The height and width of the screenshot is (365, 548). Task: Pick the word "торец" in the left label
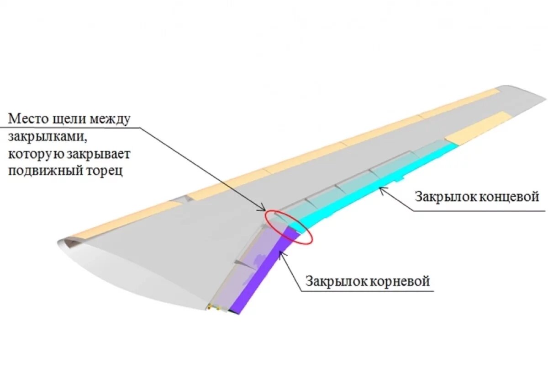click(101, 172)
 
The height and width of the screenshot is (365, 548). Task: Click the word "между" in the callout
click(110, 120)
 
